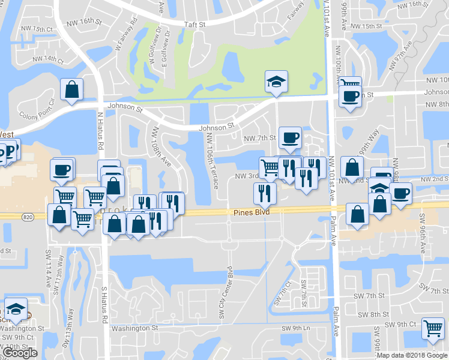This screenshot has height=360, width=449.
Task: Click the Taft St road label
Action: [x=194, y=25]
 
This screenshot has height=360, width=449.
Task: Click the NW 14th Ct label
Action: [x=49, y=59]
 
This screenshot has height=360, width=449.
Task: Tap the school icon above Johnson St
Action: [x=276, y=80]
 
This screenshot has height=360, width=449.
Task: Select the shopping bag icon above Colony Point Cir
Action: [x=71, y=89]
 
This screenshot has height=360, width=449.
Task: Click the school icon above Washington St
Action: [x=16, y=309]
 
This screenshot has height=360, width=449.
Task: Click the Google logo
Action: [x=20, y=352]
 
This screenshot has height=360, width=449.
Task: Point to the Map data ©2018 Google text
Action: [x=412, y=355]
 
